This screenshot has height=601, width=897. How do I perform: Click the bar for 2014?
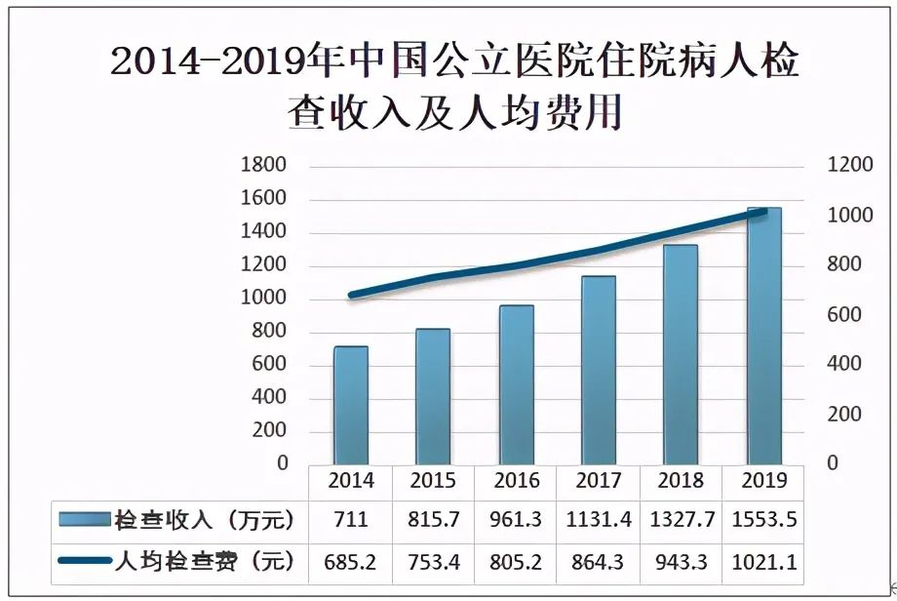click(351, 405)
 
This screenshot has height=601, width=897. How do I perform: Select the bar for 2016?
click(517, 384)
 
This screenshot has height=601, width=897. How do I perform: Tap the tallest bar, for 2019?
click(764, 336)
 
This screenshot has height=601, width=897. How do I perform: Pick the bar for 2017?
click(599, 370)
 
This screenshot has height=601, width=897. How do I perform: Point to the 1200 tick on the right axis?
click(850, 165)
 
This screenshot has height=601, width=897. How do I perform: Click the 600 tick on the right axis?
click(844, 314)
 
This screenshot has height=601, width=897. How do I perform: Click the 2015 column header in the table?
click(433, 480)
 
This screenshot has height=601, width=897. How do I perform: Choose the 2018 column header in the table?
click(681, 480)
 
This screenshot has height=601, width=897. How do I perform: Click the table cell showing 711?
click(350, 519)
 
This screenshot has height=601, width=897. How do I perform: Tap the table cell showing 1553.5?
click(763, 519)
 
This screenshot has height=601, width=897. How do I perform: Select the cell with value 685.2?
click(350, 561)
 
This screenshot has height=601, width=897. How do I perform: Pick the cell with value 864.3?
click(599, 561)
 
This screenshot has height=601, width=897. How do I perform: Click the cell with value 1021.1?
click(763, 561)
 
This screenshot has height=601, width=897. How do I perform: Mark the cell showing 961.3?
click(517, 519)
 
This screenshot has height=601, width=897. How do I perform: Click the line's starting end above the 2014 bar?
click(351, 295)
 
